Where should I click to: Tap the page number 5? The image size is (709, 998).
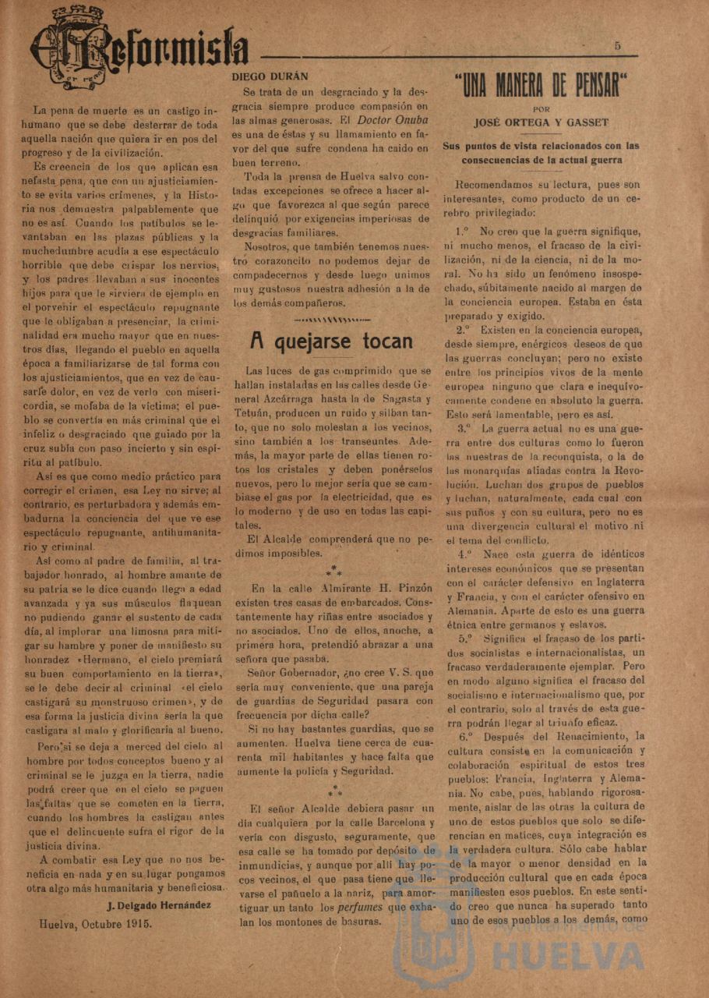(617, 46)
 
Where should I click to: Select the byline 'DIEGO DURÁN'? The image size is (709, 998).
(270, 76)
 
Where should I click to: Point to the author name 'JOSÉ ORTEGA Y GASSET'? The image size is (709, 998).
(541, 122)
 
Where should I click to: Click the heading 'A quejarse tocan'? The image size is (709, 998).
(331, 341)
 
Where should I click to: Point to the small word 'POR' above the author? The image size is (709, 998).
(541, 109)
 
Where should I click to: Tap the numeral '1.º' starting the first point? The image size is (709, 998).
(464, 232)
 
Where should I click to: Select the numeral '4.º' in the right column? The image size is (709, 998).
(465, 554)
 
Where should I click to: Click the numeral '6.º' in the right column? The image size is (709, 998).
(466, 736)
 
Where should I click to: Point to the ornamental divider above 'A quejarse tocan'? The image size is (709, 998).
(331, 319)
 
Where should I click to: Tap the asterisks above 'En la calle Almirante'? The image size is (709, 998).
(333, 572)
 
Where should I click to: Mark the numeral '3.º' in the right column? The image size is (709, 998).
(465, 429)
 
